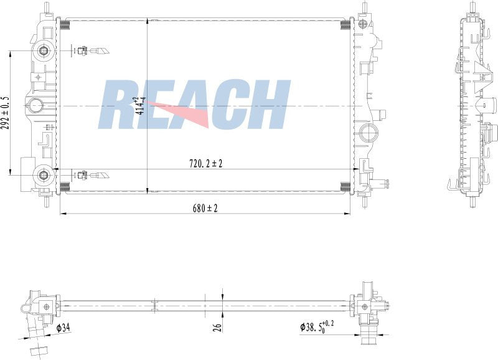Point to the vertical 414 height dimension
pos(143,103)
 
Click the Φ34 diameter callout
pos(63,328)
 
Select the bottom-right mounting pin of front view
pos(365,202)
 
